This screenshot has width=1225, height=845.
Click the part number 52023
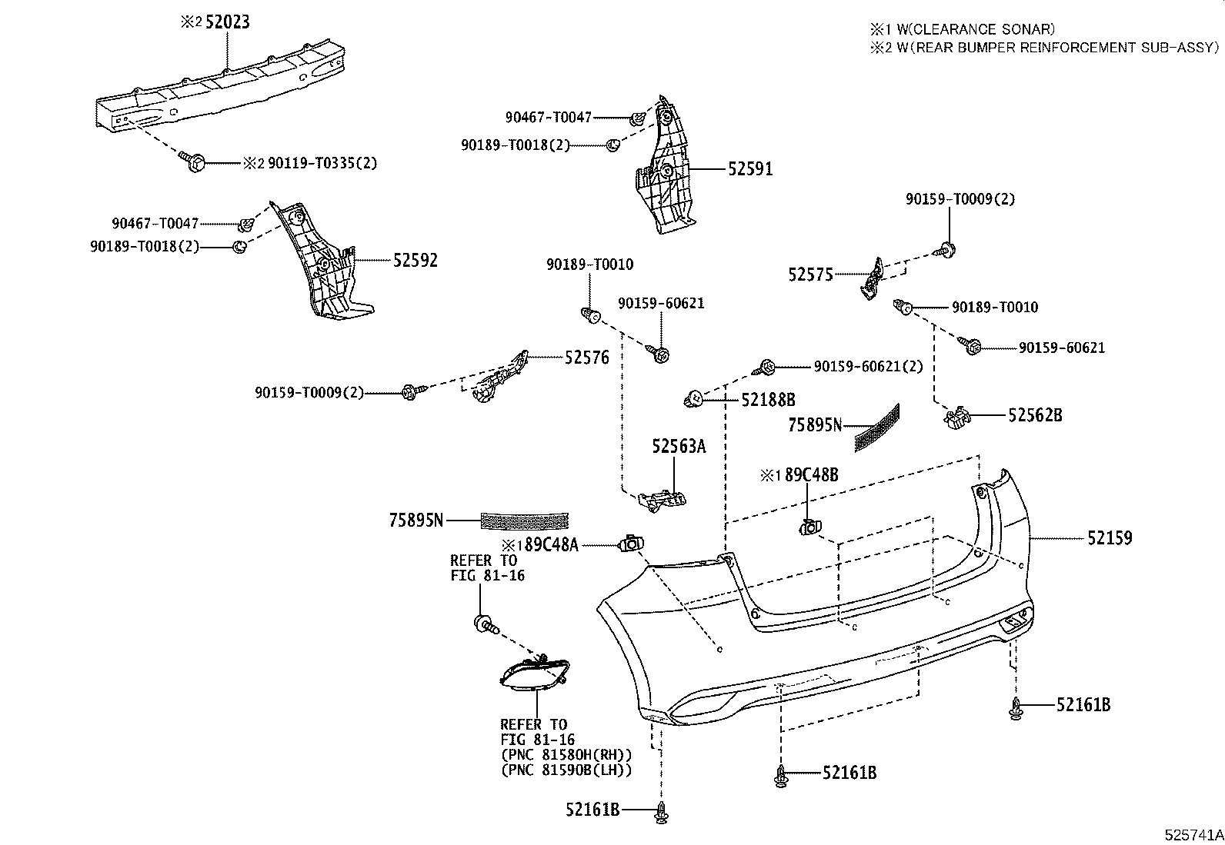226,22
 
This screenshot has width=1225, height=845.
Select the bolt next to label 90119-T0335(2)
192,161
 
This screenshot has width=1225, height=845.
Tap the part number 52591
749,169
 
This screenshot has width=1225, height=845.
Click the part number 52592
415,260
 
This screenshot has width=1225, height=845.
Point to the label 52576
586,357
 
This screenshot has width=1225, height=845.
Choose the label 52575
810,274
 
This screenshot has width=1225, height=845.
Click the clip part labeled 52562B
956,418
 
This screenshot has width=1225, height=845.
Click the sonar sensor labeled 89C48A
631,544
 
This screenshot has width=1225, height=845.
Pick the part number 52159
1110,538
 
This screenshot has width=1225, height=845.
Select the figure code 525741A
1193,833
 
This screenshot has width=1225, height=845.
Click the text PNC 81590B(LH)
566,770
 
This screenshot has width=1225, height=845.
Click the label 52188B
767,400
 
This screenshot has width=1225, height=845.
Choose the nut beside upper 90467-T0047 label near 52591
637,118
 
